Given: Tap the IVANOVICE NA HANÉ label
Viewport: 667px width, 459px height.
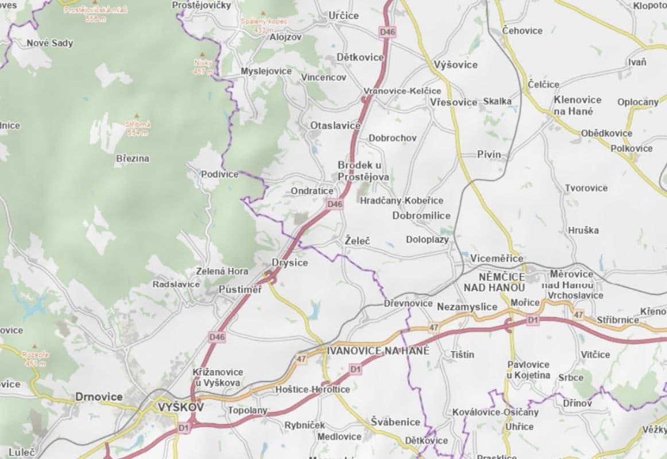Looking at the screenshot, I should [x=377, y=349].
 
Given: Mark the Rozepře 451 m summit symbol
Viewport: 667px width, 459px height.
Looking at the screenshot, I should [x=35, y=347].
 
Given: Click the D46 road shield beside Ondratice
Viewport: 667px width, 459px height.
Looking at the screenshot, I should [x=335, y=204].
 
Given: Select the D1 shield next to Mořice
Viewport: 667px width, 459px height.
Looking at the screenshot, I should [x=533, y=319].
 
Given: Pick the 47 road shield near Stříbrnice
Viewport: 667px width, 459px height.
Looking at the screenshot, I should [x=578, y=315].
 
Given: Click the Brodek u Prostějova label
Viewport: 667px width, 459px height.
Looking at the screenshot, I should [x=363, y=171].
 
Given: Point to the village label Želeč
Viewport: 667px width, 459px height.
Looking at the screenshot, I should [x=358, y=241].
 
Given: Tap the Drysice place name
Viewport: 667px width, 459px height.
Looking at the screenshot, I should [x=289, y=263].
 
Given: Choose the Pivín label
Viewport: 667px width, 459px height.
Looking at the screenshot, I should [x=489, y=154].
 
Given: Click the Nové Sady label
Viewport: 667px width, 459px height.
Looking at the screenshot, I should [x=50, y=43].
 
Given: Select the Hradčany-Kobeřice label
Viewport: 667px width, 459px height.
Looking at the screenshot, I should [x=401, y=200].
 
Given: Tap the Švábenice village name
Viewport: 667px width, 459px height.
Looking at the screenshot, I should [x=395, y=422].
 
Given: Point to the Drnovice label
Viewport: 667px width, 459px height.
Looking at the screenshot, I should [x=99, y=396].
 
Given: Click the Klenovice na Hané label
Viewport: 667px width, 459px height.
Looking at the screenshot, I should [x=577, y=105].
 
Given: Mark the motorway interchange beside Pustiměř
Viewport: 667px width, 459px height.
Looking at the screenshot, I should [x=270, y=278].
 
